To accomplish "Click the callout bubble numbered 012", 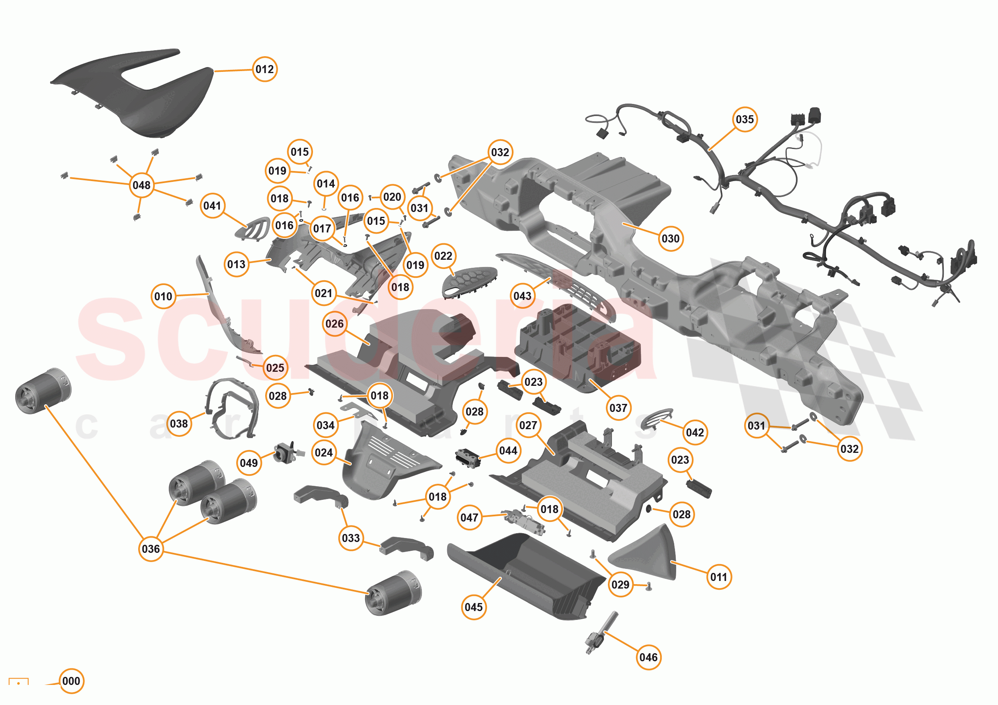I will coord(265,69).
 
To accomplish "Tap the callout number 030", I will coord(670,238).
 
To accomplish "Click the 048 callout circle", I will coord(142,185).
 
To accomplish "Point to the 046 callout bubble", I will coord(648,657).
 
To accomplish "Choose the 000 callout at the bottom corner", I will coord(71,681).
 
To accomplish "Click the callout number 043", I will coord(522,296).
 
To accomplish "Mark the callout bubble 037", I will coord(618,408).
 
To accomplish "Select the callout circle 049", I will coord(249,463).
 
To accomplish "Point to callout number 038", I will coord(179,424).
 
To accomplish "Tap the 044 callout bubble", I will coord(508,450).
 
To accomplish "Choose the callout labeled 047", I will coord(469,518).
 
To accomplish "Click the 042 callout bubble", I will coord(695,432).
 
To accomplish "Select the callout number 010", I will coord(164,296).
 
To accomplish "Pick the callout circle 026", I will coord(334,324).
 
